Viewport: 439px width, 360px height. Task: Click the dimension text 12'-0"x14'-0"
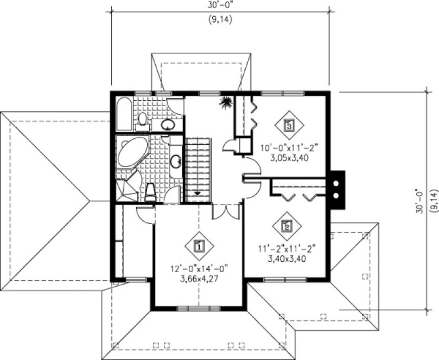coord(198,267)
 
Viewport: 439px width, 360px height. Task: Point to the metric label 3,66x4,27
coord(198,279)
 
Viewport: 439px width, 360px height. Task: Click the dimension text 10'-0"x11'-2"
coord(288,147)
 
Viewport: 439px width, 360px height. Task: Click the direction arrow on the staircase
coord(197,193)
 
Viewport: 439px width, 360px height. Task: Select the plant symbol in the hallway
coord(225,101)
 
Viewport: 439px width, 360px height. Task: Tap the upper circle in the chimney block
coord(336,183)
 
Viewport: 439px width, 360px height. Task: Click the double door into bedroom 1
coord(225,210)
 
